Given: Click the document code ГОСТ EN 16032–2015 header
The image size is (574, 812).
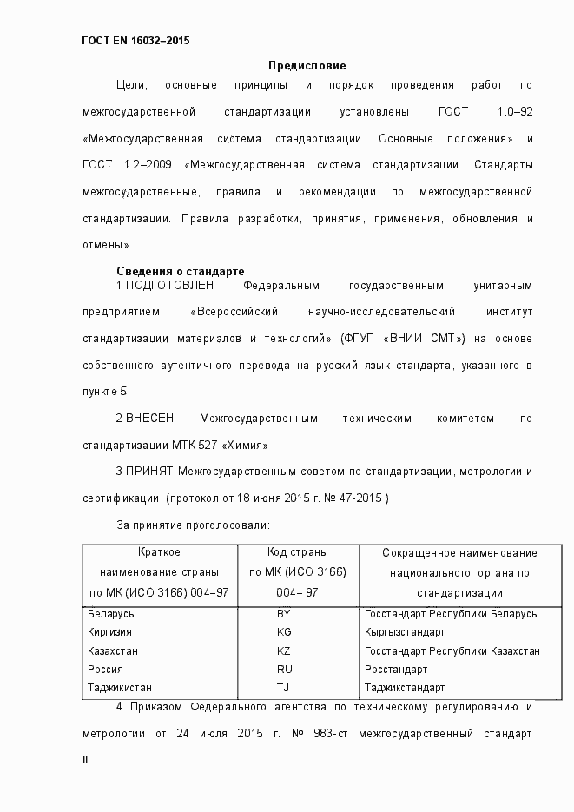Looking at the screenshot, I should point(135,41).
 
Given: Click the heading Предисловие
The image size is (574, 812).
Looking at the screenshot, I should point(307,65).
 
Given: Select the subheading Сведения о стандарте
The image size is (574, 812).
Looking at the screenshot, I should point(180,271).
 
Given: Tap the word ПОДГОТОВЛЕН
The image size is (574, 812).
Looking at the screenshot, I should point(169,286).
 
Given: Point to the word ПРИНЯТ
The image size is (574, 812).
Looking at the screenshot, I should point(150,472).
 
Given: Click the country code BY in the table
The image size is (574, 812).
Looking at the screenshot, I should point(283,614).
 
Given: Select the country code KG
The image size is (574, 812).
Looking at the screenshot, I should point(283,632).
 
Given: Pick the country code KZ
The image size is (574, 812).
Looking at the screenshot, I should point(283,650).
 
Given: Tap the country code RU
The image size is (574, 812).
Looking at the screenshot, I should point(283,670).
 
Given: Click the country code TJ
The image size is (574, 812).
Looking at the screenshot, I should point(283,687).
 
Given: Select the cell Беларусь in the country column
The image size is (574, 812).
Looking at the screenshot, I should point(111,614).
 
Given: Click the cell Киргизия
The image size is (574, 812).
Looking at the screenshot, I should point(110,632).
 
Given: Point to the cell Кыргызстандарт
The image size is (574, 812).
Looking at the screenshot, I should point(405,632).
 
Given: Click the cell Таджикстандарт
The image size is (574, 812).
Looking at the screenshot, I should point(404,687).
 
